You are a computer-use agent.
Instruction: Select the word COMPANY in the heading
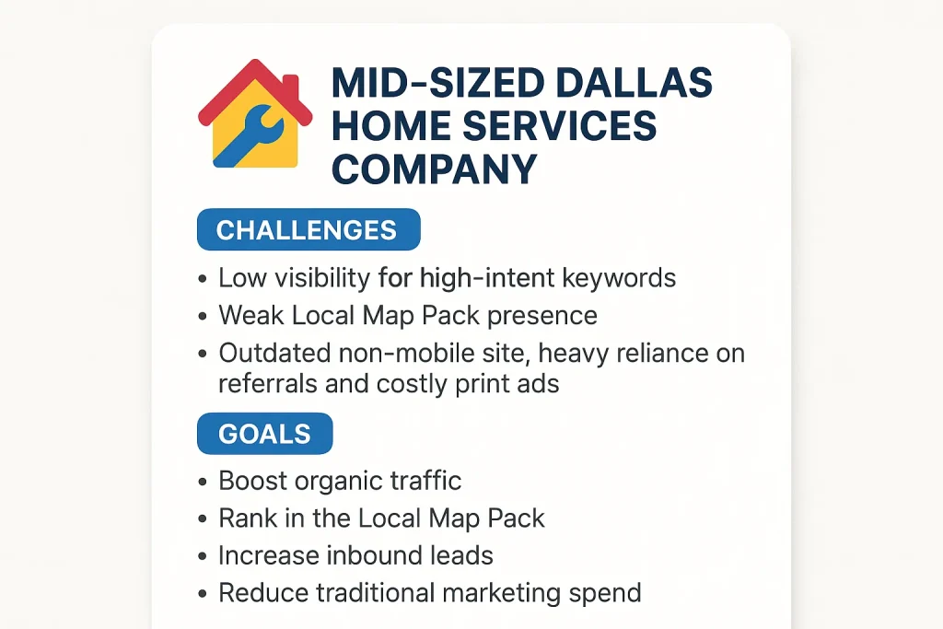(434, 169)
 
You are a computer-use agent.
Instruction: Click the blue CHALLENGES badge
(309, 229)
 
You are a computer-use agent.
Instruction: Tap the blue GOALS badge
(264, 434)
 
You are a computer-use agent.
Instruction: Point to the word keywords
(619, 279)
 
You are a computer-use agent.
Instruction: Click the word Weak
(250, 315)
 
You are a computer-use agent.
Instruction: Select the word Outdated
(274, 353)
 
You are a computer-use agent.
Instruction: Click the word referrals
(268, 384)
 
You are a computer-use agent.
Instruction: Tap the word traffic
(425, 481)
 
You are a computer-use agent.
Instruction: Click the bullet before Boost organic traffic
(203, 482)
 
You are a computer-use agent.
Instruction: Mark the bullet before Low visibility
(203, 279)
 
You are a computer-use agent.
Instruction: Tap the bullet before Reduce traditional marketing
(203, 594)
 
